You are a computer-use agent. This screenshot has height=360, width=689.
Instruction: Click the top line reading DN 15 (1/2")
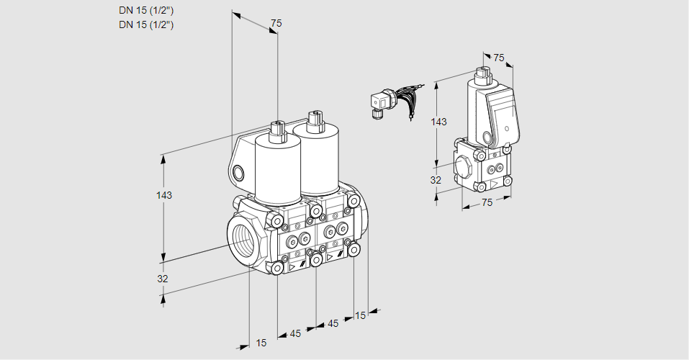pos(146,11)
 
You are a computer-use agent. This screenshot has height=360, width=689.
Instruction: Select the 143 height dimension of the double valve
pos(164,195)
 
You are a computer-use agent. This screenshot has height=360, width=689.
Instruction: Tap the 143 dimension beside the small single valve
pos(438,122)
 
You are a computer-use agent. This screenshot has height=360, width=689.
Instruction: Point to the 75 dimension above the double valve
pos(276,23)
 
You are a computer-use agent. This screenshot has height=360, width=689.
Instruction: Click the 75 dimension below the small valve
pos(487,202)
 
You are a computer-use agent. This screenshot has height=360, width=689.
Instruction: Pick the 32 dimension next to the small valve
pos(436,180)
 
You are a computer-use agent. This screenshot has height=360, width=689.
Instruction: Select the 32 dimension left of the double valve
pos(163,279)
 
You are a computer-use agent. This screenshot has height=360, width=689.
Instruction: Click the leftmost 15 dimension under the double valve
pos(261,343)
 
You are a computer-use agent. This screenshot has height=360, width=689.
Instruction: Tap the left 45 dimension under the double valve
pos(295,333)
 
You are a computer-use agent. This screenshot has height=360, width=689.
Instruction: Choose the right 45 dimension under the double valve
pos(333,323)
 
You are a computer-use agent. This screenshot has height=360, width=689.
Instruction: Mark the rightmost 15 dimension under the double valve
pos(360,315)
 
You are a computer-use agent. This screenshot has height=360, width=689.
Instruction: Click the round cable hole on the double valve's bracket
pos(238,173)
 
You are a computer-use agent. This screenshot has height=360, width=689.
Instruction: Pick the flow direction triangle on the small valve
pos(495,184)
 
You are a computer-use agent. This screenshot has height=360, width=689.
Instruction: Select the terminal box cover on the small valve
pos(503,117)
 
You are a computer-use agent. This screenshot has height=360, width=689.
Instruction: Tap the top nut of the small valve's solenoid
pos(483,72)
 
